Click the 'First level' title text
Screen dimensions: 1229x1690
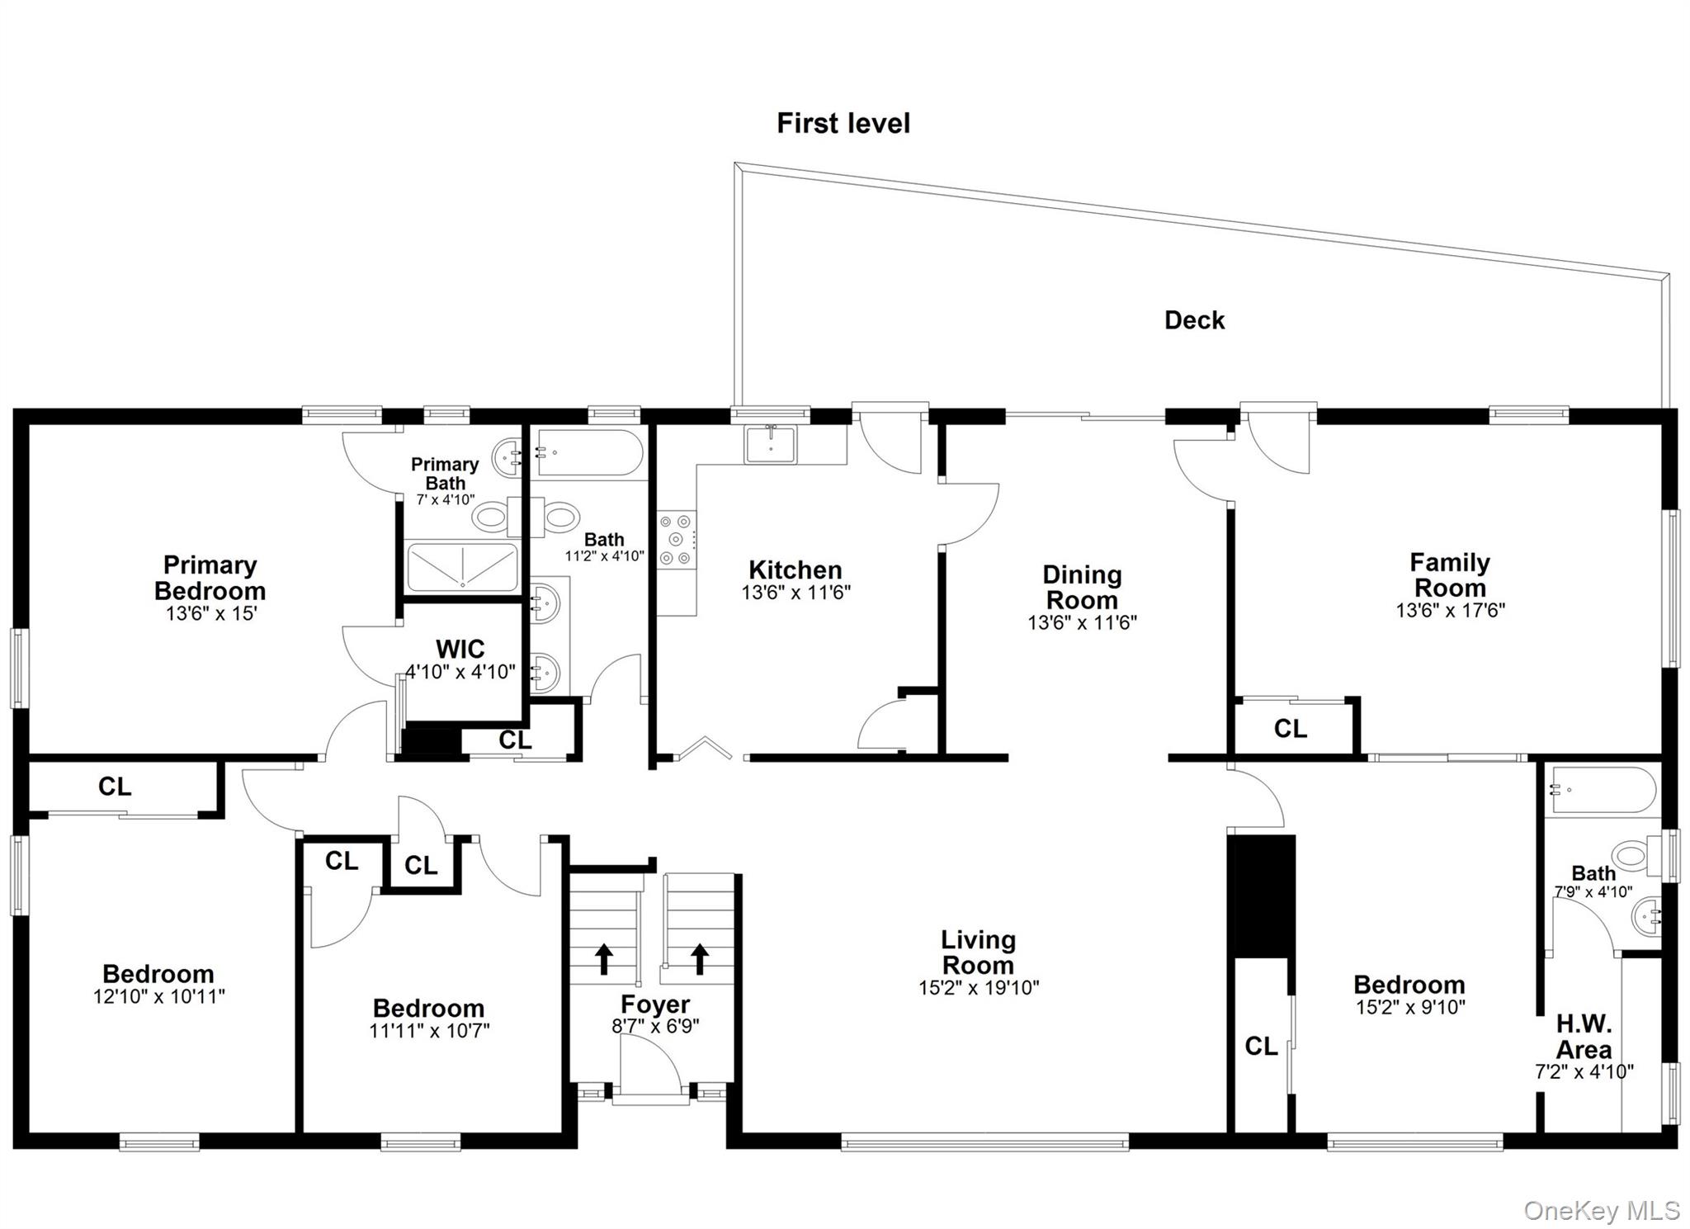pyautogui.click(x=843, y=124)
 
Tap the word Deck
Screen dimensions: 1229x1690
pyautogui.click(x=1194, y=320)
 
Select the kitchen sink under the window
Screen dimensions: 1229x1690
pyautogui.click(x=770, y=445)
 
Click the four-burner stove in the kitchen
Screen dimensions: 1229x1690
pyautogui.click(x=677, y=540)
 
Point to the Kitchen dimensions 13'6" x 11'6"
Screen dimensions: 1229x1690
pyautogui.click(x=795, y=593)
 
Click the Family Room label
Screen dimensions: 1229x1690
pyautogui.click(x=1450, y=574)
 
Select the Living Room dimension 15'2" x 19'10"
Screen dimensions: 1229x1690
pyautogui.click(x=979, y=987)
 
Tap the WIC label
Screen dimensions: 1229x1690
pyautogui.click(x=460, y=649)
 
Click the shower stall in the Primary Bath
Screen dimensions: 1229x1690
pyautogui.click(x=462, y=567)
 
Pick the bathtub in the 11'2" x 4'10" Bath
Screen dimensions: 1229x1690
pyautogui.click(x=588, y=453)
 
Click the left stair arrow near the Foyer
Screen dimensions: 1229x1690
pyautogui.click(x=604, y=959)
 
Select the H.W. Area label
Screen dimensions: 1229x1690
pyautogui.click(x=1584, y=1037)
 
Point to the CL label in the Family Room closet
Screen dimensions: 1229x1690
pyautogui.click(x=1290, y=729)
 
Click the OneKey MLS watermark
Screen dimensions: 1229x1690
pyautogui.click(x=1601, y=1210)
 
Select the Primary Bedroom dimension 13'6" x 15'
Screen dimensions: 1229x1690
pyautogui.click(x=210, y=614)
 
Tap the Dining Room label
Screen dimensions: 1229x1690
pyautogui.click(x=1081, y=587)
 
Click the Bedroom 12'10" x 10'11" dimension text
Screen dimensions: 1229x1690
pyautogui.click(x=158, y=996)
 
